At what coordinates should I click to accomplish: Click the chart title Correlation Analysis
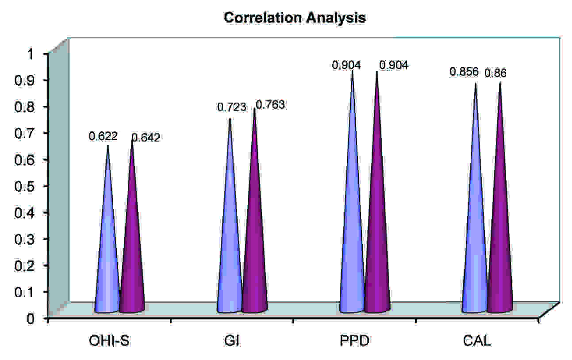click(x=295, y=18)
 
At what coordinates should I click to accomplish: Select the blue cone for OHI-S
click(x=107, y=248)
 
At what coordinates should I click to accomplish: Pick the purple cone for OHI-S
click(x=132, y=248)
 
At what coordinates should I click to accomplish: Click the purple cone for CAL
click(x=500, y=221)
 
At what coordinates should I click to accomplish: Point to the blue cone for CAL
click(x=475, y=221)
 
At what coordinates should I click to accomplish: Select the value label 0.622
click(x=103, y=136)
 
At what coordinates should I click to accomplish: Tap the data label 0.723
click(x=231, y=107)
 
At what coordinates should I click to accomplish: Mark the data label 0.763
click(x=270, y=105)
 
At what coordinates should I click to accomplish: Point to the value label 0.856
click(x=464, y=72)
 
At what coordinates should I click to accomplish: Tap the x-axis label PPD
click(x=355, y=342)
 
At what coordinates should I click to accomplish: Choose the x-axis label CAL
click(x=477, y=342)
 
